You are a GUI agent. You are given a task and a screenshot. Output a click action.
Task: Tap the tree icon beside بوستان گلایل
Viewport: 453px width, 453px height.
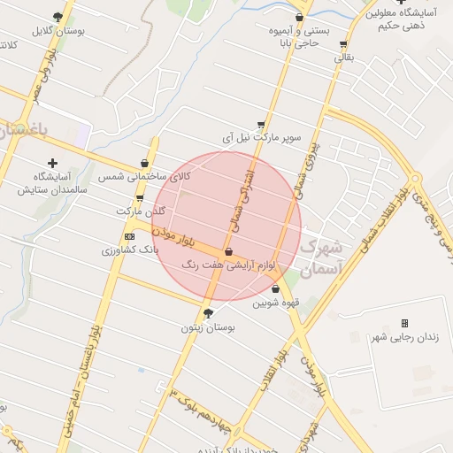click(x=58, y=16)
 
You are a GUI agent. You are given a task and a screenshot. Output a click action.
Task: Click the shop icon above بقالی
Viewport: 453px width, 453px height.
click(x=343, y=44)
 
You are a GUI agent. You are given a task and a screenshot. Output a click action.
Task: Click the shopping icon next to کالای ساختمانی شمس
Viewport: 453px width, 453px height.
click(x=143, y=163)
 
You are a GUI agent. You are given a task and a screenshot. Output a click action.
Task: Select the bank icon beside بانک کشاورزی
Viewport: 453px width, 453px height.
click(x=130, y=236)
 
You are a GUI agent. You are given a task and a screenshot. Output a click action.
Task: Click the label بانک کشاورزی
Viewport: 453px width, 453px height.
click(x=131, y=250)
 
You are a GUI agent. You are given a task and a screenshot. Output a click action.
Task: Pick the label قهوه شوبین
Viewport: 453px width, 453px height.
click(x=277, y=302)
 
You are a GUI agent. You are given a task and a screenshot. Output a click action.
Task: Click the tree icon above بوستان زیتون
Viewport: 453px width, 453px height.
click(x=209, y=313)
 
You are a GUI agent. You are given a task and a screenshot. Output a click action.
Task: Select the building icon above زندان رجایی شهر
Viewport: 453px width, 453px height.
click(x=405, y=324)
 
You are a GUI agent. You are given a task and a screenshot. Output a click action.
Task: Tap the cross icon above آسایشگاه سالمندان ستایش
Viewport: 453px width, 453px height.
click(x=53, y=163)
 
